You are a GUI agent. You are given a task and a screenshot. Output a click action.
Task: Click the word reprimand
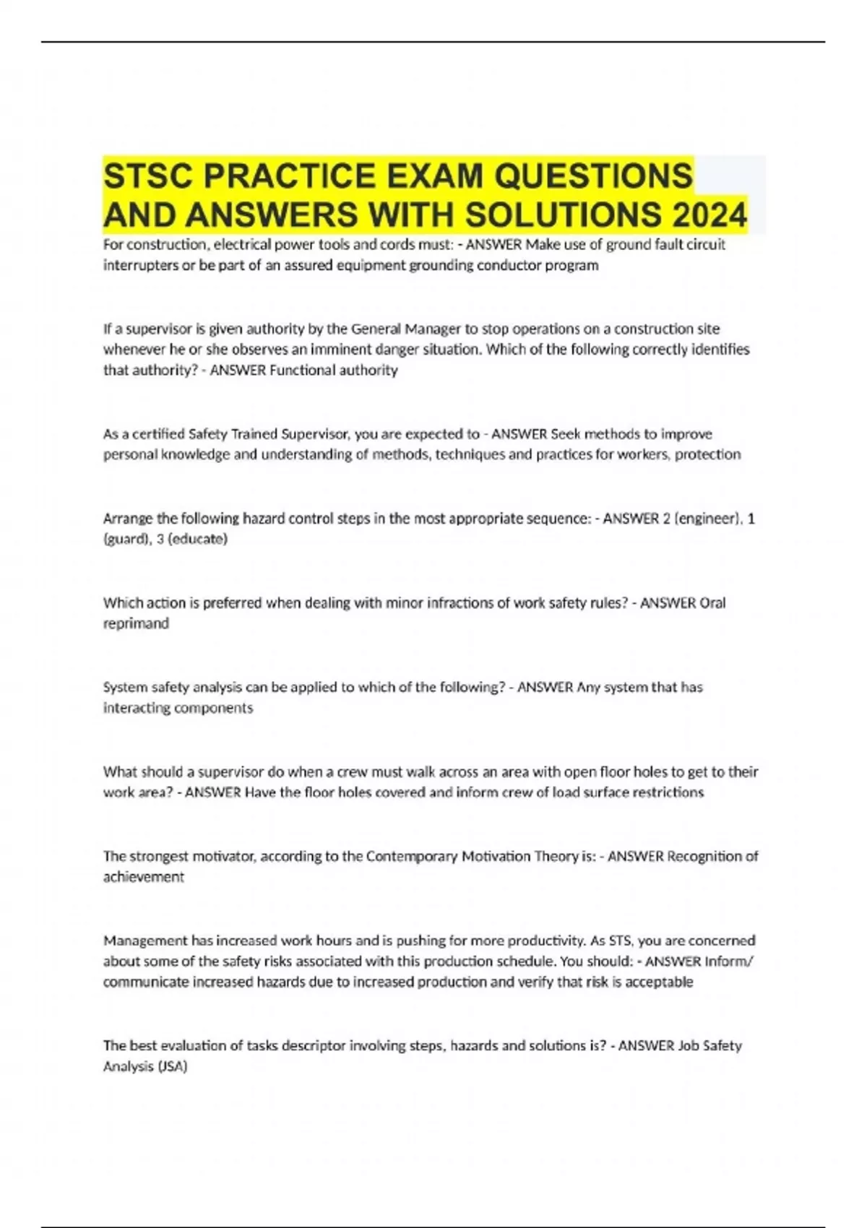136,623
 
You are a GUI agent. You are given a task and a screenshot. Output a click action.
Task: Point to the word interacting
136,708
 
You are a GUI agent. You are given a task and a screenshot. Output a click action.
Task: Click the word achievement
144,877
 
